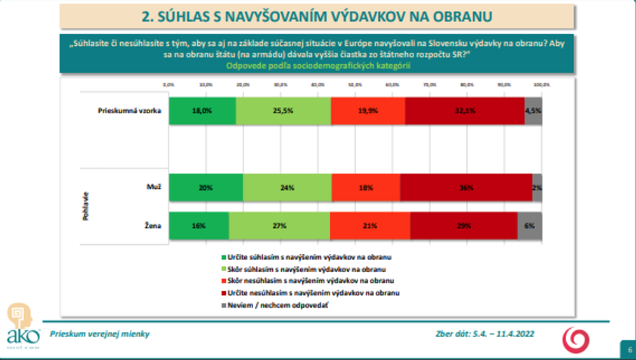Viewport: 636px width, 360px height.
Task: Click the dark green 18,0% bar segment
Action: click(x=202, y=110)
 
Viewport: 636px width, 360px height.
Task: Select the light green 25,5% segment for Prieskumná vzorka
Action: click(x=283, y=110)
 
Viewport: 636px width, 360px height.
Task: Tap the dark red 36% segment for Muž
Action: click(x=466, y=187)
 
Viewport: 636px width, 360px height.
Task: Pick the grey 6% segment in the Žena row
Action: click(x=530, y=225)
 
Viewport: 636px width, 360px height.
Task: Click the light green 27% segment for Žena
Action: click(x=279, y=225)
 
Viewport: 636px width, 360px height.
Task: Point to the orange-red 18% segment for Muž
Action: click(x=366, y=187)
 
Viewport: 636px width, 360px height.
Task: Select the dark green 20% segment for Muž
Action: click(x=205, y=187)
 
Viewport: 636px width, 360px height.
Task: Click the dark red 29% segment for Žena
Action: click(x=464, y=225)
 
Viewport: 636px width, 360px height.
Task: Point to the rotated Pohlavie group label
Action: click(x=85, y=206)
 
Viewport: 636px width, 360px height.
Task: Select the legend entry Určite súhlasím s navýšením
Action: click(x=308, y=258)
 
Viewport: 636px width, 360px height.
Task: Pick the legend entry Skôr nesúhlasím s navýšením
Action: click(x=311, y=280)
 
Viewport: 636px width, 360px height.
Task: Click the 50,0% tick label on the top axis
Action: click(x=355, y=85)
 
